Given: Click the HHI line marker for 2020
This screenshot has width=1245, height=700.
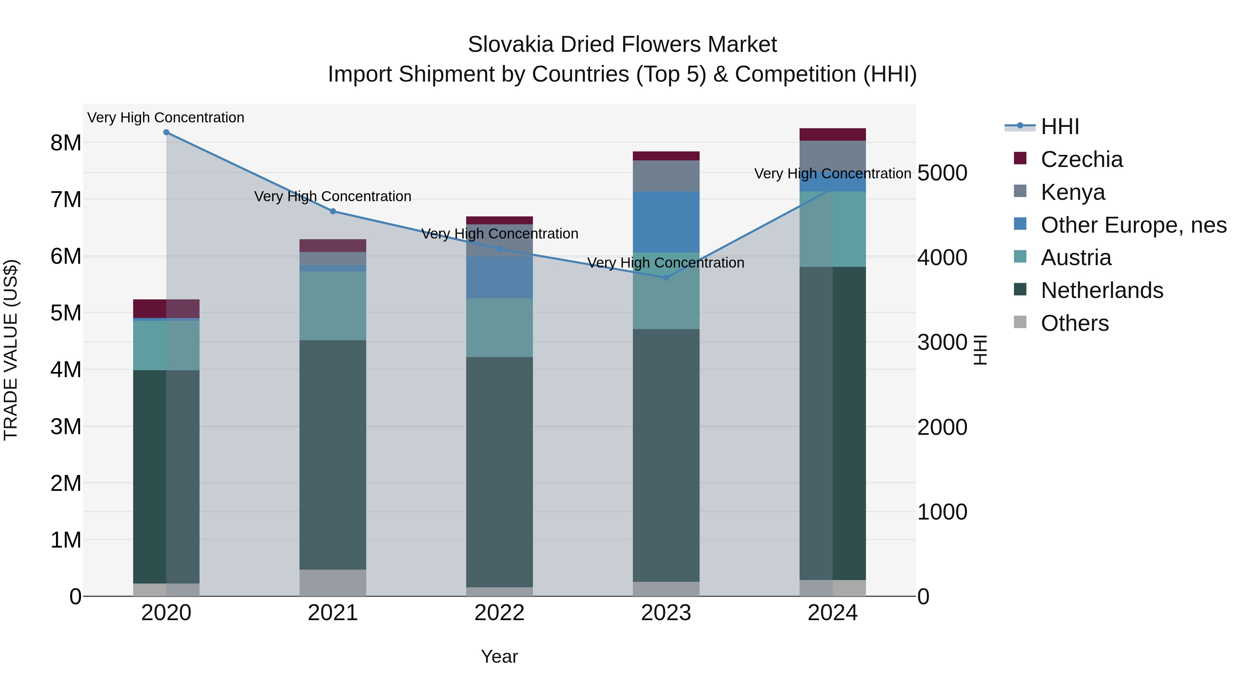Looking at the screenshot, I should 166,132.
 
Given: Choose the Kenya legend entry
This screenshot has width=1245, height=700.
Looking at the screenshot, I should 1072,192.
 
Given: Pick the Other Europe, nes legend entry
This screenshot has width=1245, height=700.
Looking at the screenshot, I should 1133,225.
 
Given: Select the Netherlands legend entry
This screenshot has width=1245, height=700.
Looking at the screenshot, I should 1101,290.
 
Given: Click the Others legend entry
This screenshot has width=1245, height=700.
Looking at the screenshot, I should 1075,323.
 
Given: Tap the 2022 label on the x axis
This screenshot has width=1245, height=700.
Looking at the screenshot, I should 499,613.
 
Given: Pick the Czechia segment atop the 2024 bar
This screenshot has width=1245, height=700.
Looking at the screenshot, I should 832,134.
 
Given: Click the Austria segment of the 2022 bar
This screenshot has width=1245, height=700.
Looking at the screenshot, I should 499,328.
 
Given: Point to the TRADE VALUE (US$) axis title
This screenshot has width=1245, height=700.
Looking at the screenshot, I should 11,350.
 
